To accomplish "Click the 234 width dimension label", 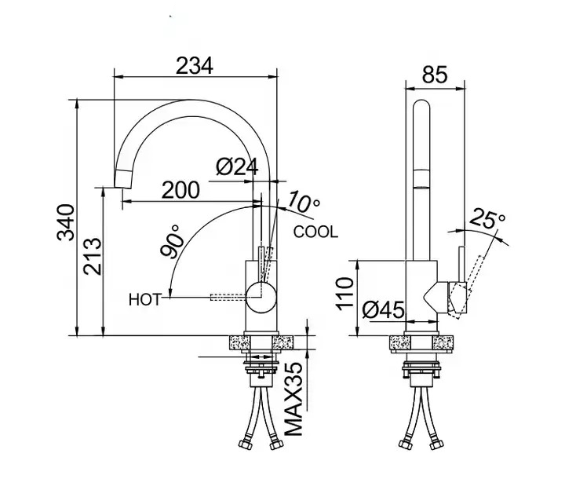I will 195,66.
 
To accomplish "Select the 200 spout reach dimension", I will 181,189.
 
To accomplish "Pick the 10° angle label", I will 304,202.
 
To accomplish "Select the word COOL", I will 315,232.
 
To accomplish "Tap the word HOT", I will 144,298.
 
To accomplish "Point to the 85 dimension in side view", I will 434,75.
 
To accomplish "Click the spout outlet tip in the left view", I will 121,185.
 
